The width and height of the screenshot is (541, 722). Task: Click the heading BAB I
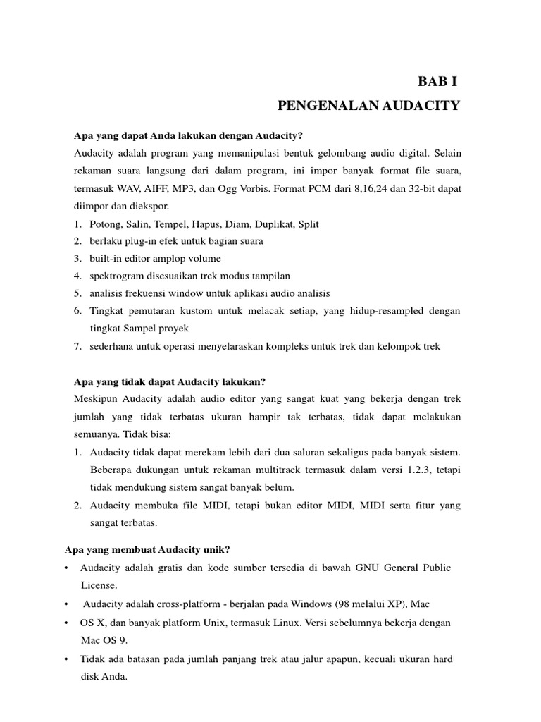tap(437, 81)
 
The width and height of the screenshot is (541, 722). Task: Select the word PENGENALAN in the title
tap(321, 106)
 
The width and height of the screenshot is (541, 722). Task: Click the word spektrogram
tap(119, 276)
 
